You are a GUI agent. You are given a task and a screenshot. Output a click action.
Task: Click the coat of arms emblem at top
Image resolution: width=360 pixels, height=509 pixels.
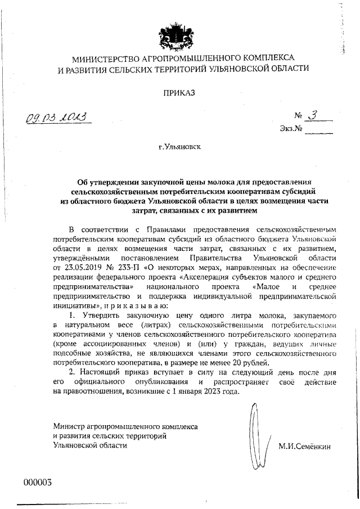click(179, 32)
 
